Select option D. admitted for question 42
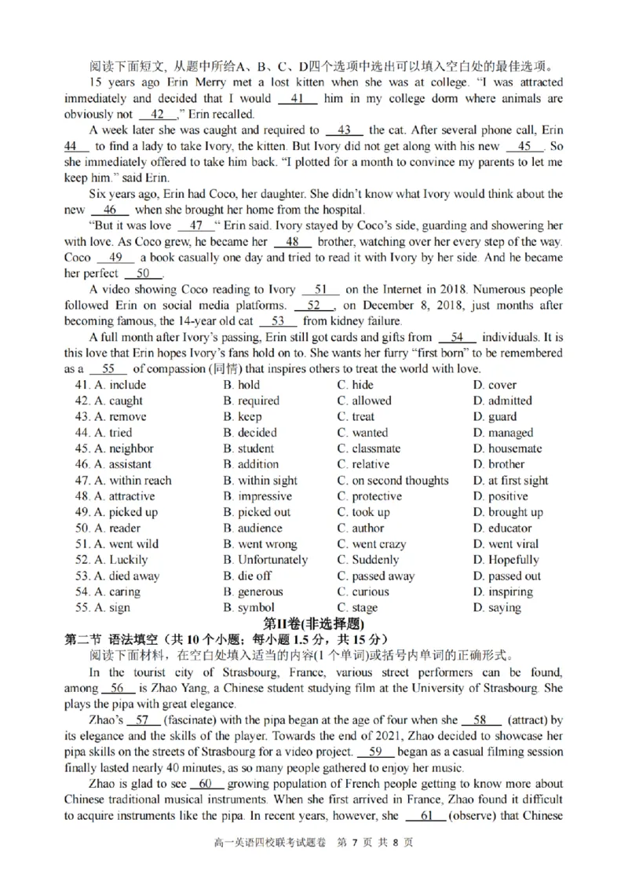click(x=502, y=401)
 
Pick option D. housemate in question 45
click(x=507, y=448)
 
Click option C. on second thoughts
click(x=392, y=481)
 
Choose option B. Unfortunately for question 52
click(x=265, y=560)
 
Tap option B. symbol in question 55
click(x=249, y=608)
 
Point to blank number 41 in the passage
click(x=298, y=99)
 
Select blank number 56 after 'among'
click(x=119, y=688)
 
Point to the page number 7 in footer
click(x=355, y=843)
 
